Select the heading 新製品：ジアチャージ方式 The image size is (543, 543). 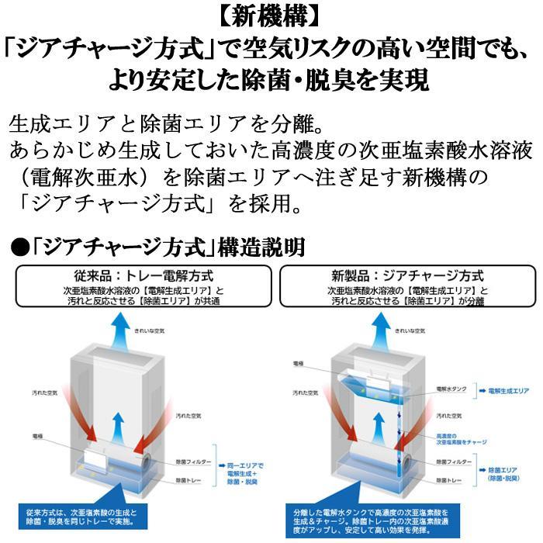[x=407, y=275]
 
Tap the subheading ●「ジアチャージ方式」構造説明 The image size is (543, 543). [x=159, y=247]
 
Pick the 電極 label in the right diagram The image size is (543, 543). [x=299, y=362]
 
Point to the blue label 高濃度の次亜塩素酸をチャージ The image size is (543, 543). [x=461, y=438]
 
